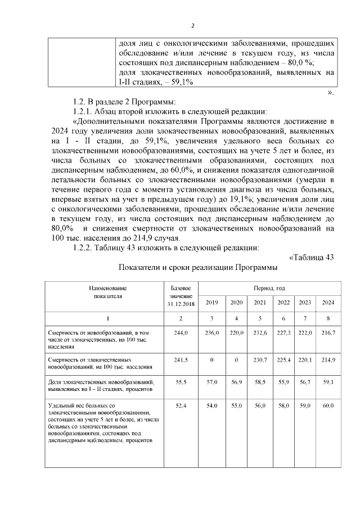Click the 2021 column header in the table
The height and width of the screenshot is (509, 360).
point(260,303)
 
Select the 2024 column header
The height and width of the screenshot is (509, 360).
point(328,303)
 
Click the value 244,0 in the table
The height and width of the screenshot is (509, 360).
point(181,334)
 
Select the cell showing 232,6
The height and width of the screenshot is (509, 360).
point(260,334)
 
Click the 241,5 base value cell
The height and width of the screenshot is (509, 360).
point(181,359)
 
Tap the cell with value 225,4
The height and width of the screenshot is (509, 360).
point(283,359)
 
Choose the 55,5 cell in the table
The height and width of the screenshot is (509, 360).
point(181,382)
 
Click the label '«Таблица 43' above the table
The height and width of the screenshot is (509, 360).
point(311,258)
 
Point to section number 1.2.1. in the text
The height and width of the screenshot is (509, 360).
point(86,111)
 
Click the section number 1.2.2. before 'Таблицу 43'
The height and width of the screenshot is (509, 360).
point(86,248)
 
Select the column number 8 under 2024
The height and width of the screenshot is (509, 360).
point(328,318)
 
